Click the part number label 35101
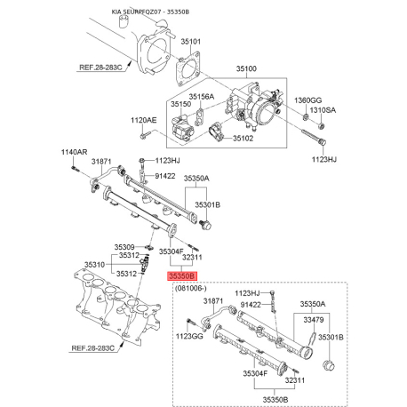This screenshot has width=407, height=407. pyautogui.click(x=191, y=42)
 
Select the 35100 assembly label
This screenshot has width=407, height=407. pyautogui.click(x=246, y=68)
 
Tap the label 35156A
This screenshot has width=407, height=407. pyautogui.click(x=202, y=97)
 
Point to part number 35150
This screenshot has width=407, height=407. pyautogui.click(x=180, y=104)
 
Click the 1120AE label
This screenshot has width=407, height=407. pyautogui.click(x=144, y=120)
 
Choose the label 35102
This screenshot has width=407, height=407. pyautogui.click(x=243, y=139)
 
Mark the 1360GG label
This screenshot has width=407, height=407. pyautogui.click(x=307, y=100)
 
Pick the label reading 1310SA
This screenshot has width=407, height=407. pyautogui.click(x=323, y=110)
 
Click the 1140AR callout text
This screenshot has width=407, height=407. pyautogui.click(x=74, y=152)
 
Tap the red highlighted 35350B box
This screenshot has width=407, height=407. pyautogui.click(x=182, y=276)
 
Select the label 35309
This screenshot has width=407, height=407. pyautogui.click(x=124, y=247)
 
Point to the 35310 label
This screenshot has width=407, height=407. pyautogui.click(x=94, y=265)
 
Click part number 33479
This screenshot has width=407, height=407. pyautogui.click(x=314, y=320)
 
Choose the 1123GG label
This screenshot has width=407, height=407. pyautogui.click(x=189, y=336)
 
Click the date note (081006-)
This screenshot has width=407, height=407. pyautogui.click(x=191, y=288)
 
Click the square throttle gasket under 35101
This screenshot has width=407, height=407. pyautogui.click(x=188, y=68)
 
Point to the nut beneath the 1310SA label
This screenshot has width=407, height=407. pyautogui.click(x=321, y=126)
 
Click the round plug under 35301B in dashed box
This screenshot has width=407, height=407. pyautogui.click(x=328, y=365)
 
